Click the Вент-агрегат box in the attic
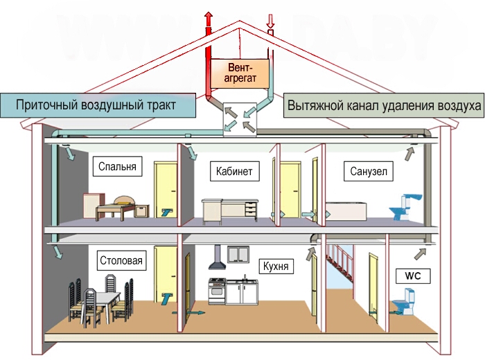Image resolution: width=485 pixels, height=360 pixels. point(240,73)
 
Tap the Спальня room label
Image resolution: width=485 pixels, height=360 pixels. point(117,167)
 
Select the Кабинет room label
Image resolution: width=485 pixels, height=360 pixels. point(234,171)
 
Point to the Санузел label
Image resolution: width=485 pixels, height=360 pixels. point(369,171)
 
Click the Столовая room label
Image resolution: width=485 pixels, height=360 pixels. point(121,260)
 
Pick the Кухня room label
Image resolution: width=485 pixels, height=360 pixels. point(276,266)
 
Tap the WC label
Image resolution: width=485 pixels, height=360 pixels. point(413,276)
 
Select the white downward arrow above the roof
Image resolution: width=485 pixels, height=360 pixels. point(270,21)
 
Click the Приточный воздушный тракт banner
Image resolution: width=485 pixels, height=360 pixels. point(98,105)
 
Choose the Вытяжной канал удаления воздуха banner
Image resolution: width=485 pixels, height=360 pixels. point(384,105)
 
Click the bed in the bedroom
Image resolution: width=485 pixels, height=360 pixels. point(115,208)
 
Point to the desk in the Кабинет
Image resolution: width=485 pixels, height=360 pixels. point(230,211)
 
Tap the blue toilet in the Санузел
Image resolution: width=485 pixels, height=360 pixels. point(405,207)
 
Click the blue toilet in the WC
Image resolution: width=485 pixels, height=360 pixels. point(405,302)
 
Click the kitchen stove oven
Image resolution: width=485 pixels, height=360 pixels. point(217,291)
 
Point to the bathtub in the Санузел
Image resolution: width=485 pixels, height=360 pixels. point(346,211)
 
